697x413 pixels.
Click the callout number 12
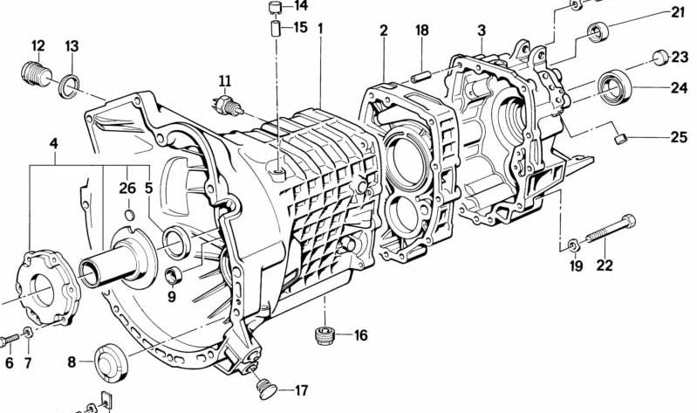(x=38, y=45)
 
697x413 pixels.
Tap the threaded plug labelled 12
(x=37, y=75)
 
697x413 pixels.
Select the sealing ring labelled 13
(x=69, y=86)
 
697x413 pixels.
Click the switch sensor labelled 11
(x=227, y=106)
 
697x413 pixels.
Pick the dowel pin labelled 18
(x=420, y=77)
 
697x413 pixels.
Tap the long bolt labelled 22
(x=611, y=229)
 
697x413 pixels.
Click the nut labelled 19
(x=573, y=245)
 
